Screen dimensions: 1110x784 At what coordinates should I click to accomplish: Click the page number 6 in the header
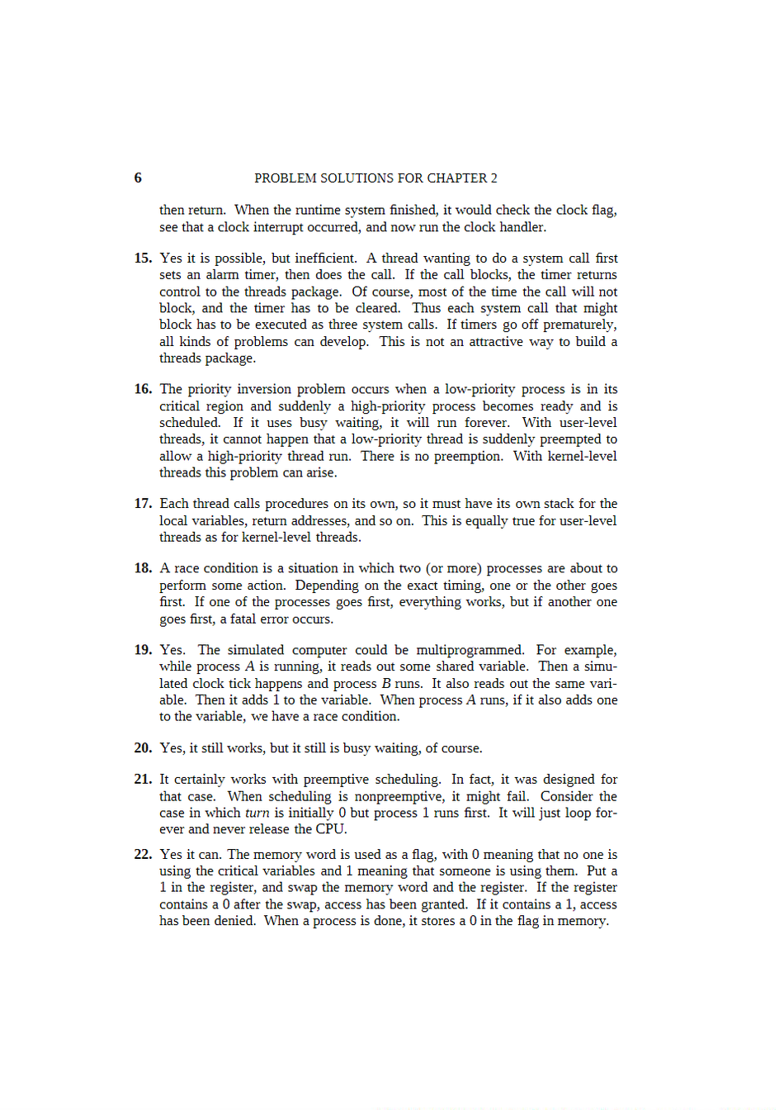[x=138, y=178]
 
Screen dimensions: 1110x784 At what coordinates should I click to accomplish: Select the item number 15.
[x=143, y=259]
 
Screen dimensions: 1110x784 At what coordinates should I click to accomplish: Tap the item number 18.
[x=143, y=568]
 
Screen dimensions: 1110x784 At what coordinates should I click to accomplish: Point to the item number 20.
[x=143, y=748]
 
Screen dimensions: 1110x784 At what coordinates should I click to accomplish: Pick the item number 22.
[x=143, y=855]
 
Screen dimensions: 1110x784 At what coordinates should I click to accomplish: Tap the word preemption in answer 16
[x=468, y=456]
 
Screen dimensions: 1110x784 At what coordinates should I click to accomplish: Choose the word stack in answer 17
[x=563, y=504]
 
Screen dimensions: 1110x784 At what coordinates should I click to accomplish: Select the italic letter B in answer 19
[x=386, y=684]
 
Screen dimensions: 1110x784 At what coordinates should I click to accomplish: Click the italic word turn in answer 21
[x=257, y=813]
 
